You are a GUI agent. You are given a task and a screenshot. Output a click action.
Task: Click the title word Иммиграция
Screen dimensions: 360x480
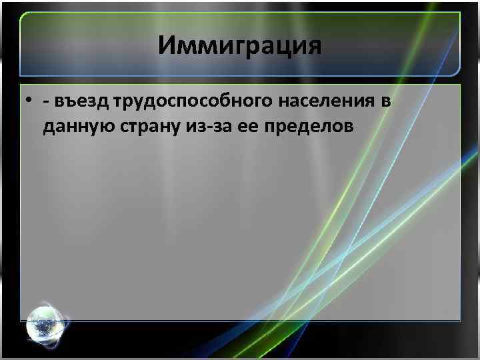tap(240, 46)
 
